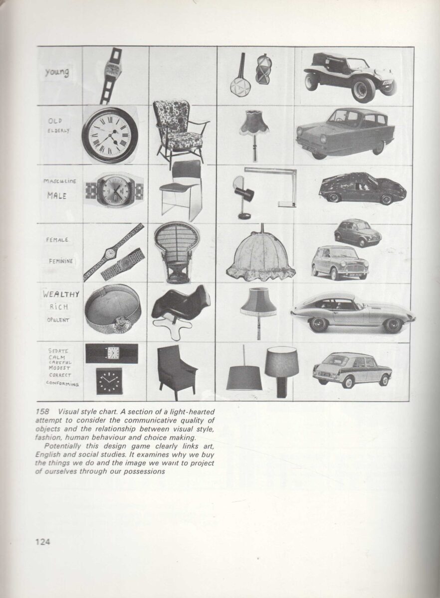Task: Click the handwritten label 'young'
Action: point(56,73)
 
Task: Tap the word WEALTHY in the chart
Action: point(61,294)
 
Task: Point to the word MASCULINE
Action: point(60,181)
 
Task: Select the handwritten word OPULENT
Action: point(59,319)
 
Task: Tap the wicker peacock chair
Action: point(176,252)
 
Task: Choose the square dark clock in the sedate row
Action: point(109,381)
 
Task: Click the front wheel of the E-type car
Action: point(318,324)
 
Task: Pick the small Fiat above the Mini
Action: point(357,232)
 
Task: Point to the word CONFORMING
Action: point(62,383)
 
